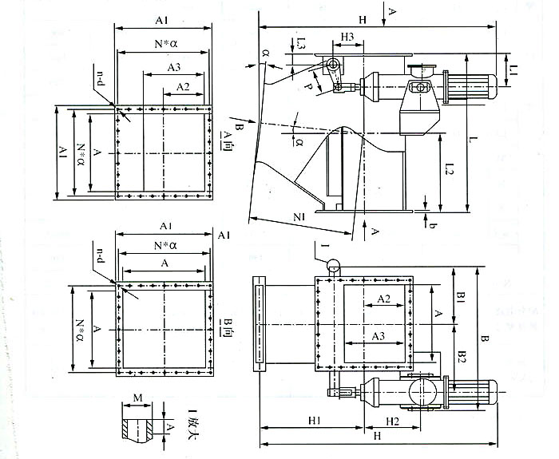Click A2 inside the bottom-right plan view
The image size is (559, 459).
tap(382, 299)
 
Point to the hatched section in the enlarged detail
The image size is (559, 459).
tap(128, 425)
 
